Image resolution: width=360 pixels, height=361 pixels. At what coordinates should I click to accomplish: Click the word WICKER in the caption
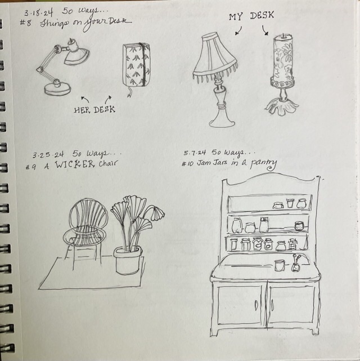(x=74, y=164)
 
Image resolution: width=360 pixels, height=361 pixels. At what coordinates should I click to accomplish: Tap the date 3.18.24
(x=39, y=12)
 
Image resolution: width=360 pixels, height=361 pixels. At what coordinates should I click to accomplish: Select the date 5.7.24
(x=195, y=153)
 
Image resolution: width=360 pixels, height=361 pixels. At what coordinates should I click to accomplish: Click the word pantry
(x=263, y=164)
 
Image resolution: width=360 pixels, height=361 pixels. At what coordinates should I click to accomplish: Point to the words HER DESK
(x=94, y=110)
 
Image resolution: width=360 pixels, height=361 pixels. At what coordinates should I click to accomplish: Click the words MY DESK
(x=251, y=16)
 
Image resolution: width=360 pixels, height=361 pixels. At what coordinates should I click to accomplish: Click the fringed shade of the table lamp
(x=215, y=57)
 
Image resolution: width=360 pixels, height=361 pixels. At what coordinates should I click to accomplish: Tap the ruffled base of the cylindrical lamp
(x=282, y=106)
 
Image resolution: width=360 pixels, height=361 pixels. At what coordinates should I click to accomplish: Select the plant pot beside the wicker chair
(x=127, y=260)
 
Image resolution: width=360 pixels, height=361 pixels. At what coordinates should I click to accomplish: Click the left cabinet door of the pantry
(x=239, y=304)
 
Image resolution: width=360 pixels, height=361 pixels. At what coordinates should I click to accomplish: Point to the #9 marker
(x=31, y=167)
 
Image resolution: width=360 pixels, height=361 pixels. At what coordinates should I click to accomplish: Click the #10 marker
(x=187, y=164)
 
